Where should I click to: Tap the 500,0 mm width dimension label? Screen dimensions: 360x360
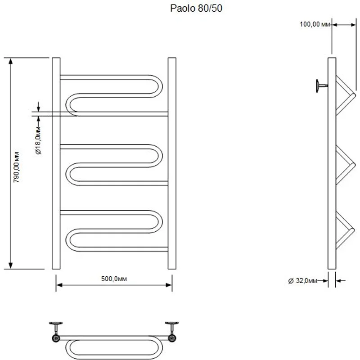pyautogui.click(x=114, y=279)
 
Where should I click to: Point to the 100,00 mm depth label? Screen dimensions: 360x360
pyautogui.click(x=315, y=24)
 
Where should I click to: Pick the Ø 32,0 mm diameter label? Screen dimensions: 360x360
pyautogui.click(x=303, y=281)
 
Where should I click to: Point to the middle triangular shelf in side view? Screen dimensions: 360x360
pyautogui.click(x=344, y=165)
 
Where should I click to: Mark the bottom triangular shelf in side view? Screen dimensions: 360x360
pyautogui.click(x=344, y=229)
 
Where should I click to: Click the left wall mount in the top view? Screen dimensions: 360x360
pyautogui.click(x=56, y=331)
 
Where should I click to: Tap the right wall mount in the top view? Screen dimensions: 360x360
pyautogui.click(x=171, y=331)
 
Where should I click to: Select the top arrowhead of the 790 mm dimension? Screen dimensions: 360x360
pyautogui.click(x=10, y=61)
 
